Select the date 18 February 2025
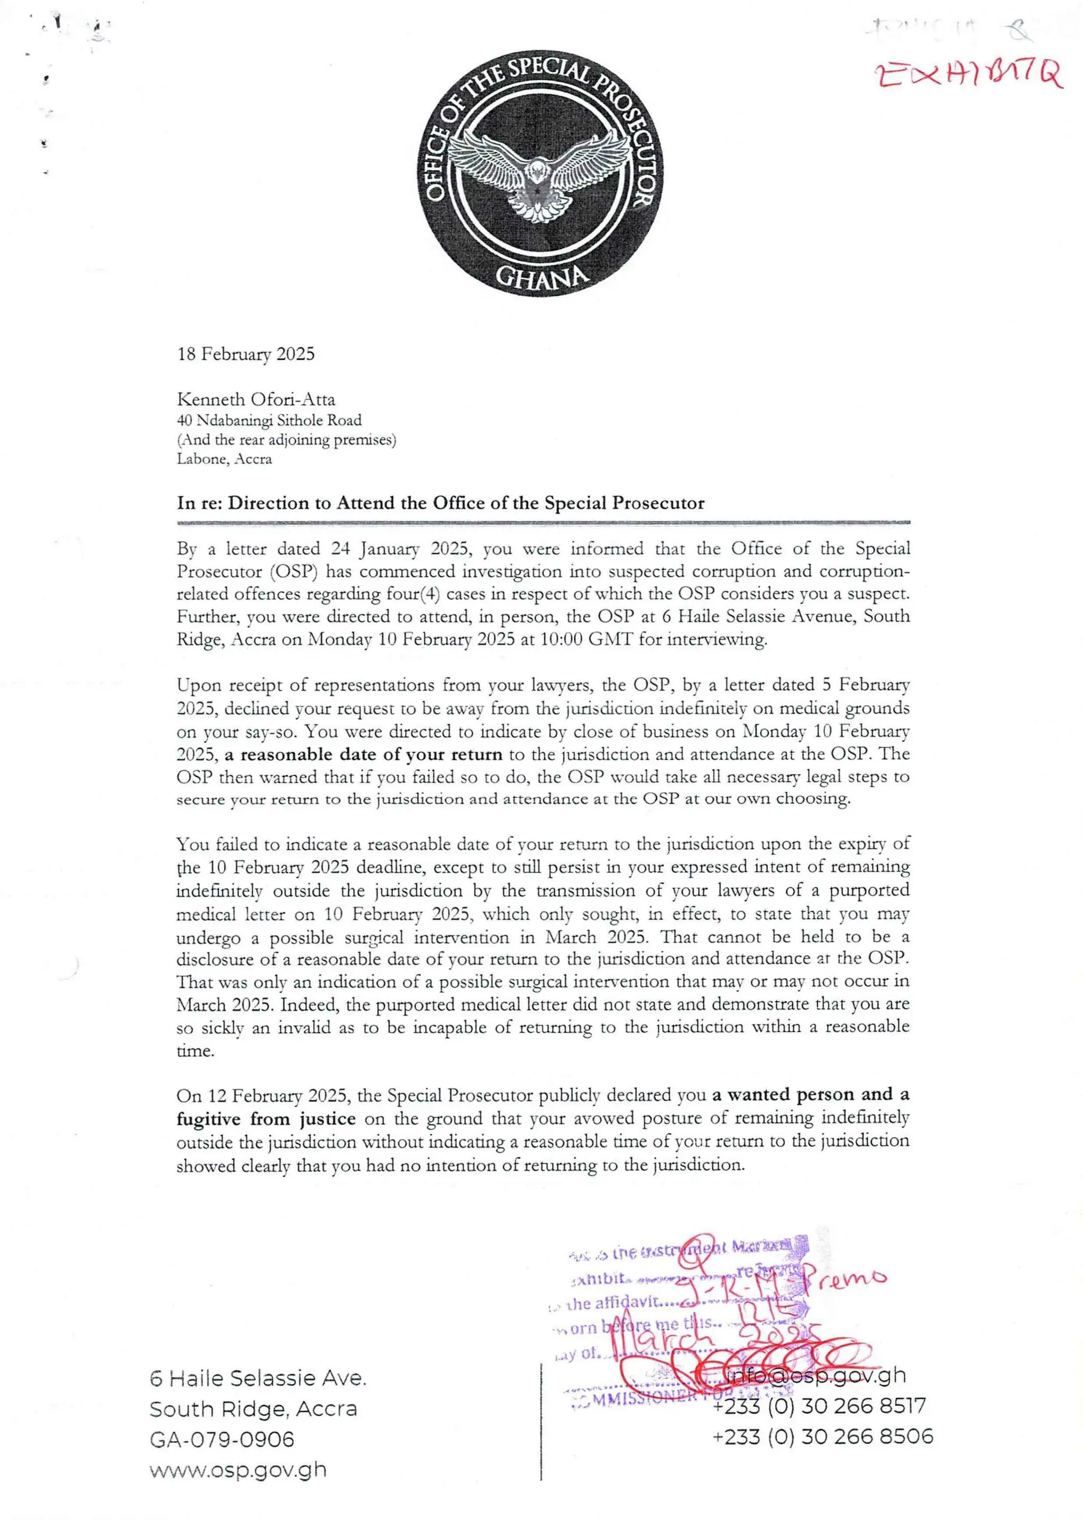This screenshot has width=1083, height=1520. tap(245, 354)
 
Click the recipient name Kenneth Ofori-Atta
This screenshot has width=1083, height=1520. tap(255, 399)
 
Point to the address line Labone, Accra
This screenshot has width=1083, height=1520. tap(224, 459)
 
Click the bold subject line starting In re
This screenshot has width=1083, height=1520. tap(440, 503)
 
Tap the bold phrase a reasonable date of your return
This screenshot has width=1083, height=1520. tap(363, 754)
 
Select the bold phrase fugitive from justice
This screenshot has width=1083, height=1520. tap(265, 1119)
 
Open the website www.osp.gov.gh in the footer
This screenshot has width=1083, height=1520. tap(238, 1470)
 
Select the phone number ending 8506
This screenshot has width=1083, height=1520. tap(823, 1436)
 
